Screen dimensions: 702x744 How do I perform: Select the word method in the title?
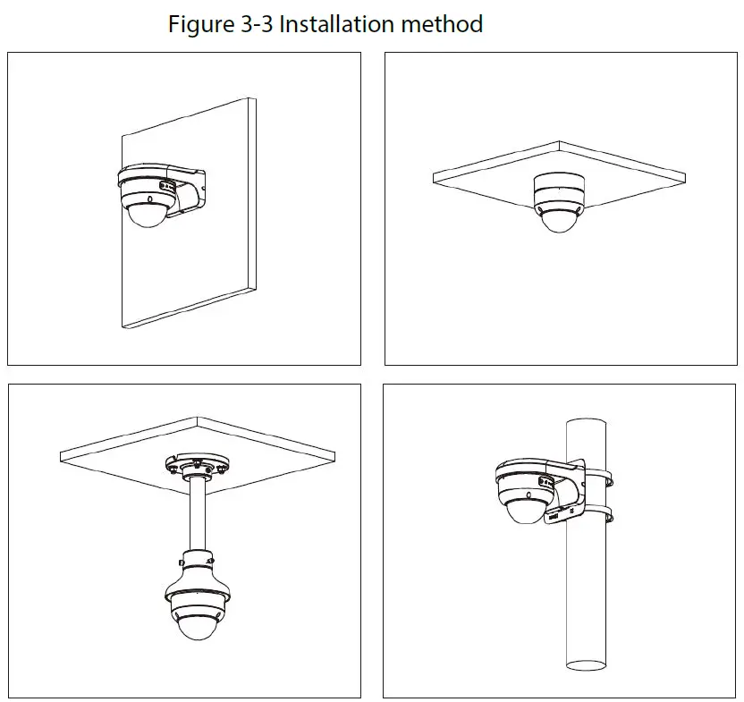tap(442, 23)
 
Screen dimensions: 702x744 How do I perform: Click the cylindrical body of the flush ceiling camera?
tap(558, 190)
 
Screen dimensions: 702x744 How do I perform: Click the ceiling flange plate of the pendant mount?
tap(194, 467)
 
